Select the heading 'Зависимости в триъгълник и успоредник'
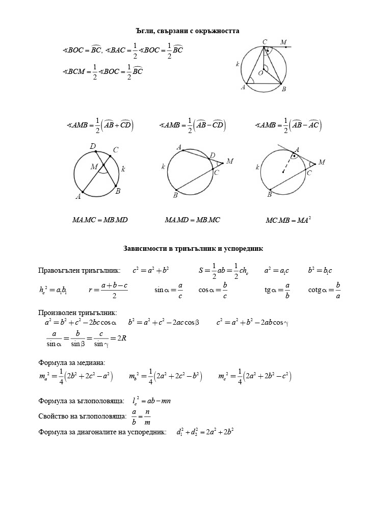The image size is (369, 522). (193, 249)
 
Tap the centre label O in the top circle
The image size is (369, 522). (260, 73)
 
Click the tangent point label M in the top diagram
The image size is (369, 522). (283, 42)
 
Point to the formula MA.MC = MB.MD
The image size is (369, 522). (100, 220)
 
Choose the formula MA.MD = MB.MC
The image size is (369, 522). (192, 220)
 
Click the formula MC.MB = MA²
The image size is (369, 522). (288, 220)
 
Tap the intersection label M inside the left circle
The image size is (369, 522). (94, 167)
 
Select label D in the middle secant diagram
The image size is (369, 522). (213, 155)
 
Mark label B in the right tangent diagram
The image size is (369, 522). (269, 195)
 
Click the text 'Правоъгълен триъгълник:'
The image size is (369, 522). (79, 270)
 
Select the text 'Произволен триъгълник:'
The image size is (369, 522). (77, 312)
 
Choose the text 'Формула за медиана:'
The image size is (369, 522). (72, 362)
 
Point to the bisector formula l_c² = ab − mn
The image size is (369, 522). (151, 401)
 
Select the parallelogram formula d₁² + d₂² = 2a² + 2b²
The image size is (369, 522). (205, 432)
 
